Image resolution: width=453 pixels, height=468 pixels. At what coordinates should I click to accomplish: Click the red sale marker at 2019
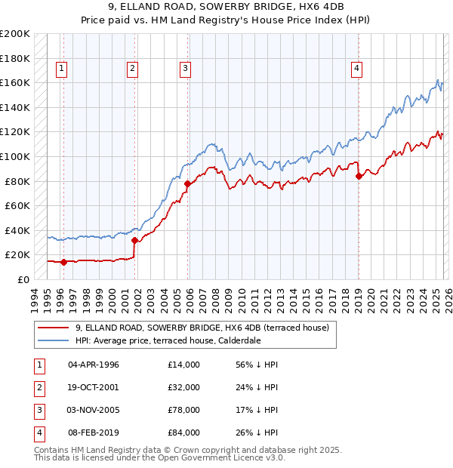pos(359,177)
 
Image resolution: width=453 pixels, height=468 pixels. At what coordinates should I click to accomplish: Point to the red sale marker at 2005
pos(187,183)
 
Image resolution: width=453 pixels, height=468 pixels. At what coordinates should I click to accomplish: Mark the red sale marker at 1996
pos(63,263)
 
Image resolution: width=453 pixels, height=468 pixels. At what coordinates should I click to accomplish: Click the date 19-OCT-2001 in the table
pos(94,387)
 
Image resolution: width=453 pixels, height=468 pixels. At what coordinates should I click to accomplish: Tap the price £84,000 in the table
pos(184,433)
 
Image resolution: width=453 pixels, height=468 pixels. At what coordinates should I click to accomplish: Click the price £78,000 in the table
pos(184,410)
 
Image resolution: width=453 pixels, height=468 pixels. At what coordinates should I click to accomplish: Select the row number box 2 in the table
pos(38,387)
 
